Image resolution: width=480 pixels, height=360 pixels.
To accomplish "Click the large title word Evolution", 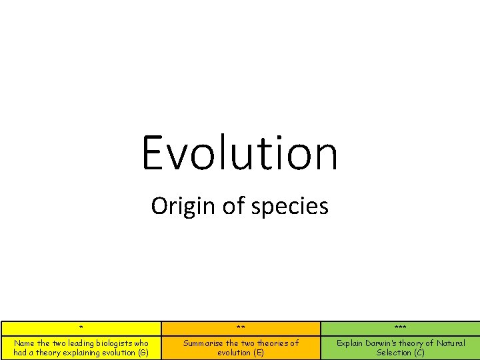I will (x=240, y=152).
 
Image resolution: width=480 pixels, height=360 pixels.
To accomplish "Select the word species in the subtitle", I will (x=298, y=206).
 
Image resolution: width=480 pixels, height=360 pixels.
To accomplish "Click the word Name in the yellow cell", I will (x=25, y=343).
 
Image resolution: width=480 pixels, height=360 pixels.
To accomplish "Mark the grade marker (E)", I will (x=259, y=353).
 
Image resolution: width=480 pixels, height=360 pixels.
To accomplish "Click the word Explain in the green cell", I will (x=349, y=343).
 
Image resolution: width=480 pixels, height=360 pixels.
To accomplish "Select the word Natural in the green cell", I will (x=451, y=343).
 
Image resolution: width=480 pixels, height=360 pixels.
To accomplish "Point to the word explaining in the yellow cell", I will (x=85, y=353).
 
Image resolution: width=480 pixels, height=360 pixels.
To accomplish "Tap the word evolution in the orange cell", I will (x=234, y=353).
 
